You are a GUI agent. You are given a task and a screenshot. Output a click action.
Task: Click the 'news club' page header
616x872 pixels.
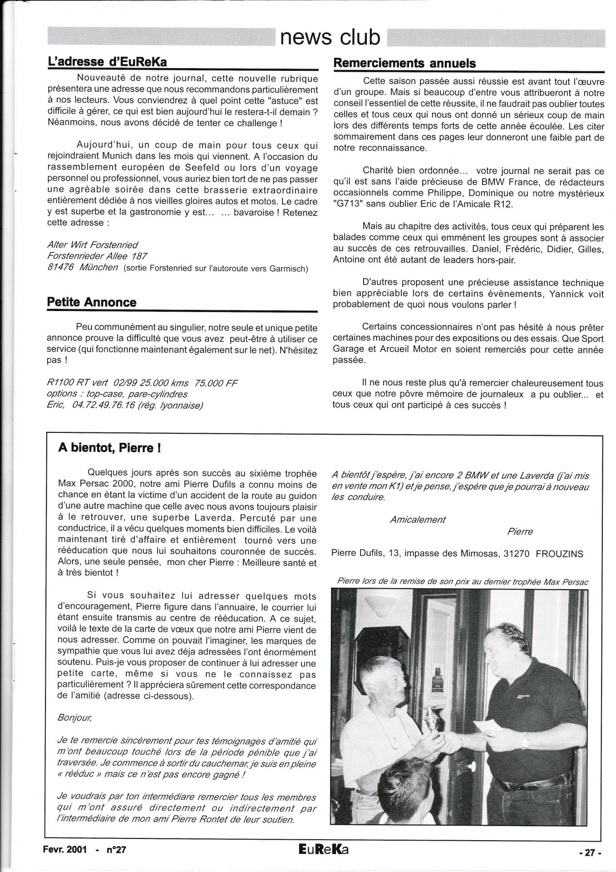pyautogui.click(x=330, y=38)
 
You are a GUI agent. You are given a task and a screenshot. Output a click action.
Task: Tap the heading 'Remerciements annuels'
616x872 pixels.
pyautogui.click(x=404, y=63)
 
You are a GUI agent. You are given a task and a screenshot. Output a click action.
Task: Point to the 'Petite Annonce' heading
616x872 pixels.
pyautogui.click(x=92, y=302)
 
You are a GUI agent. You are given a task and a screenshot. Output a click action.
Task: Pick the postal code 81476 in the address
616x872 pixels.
pyautogui.click(x=60, y=268)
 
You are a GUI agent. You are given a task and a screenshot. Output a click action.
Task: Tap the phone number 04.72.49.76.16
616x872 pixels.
pyautogui.click(x=103, y=405)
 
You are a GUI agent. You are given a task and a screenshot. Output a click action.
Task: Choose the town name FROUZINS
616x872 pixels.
pyautogui.click(x=559, y=554)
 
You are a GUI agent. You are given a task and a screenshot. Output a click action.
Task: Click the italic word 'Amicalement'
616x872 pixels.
pyautogui.click(x=418, y=520)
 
